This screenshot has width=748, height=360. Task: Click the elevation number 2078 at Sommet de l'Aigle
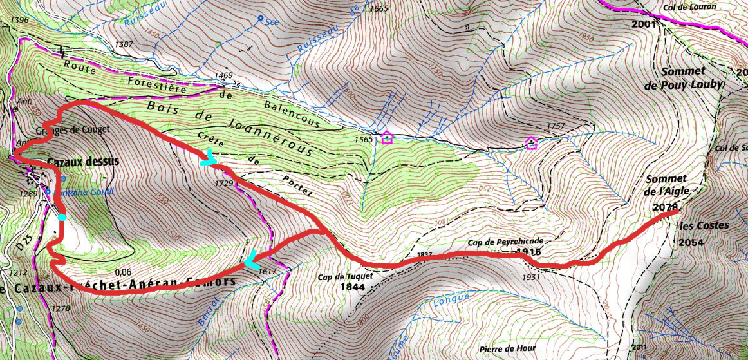tap(666, 207)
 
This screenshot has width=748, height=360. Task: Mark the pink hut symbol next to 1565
tap(386, 137)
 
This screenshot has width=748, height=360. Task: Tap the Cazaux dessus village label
tap(83, 162)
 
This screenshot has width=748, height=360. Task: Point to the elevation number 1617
tap(266, 272)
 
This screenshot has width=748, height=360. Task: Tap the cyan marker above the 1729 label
tap(208, 158)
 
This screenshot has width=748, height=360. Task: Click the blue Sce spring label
tap(271, 21)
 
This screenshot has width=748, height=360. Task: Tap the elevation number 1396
tap(21, 21)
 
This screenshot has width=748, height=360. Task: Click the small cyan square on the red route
tap(62, 218)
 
